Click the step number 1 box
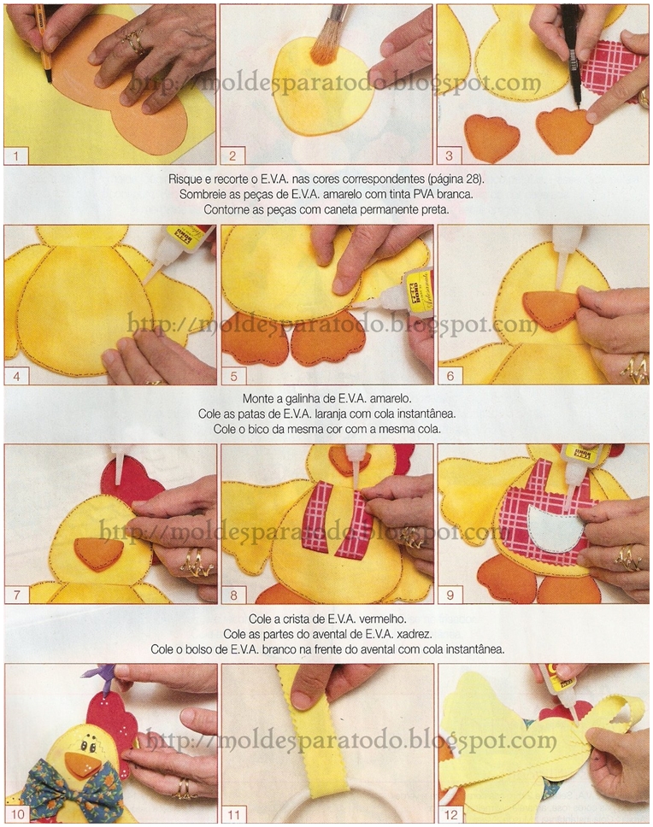15,156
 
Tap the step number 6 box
450,376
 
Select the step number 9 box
450,595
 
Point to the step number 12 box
450,814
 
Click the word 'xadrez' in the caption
415,633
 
